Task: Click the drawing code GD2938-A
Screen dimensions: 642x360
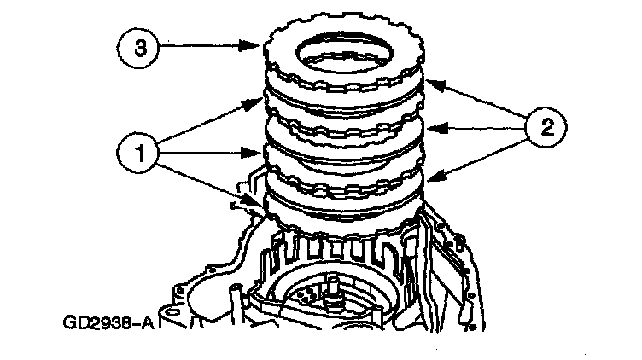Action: click(x=104, y=323)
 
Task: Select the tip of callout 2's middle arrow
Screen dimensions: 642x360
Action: click(x=426, y=131)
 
